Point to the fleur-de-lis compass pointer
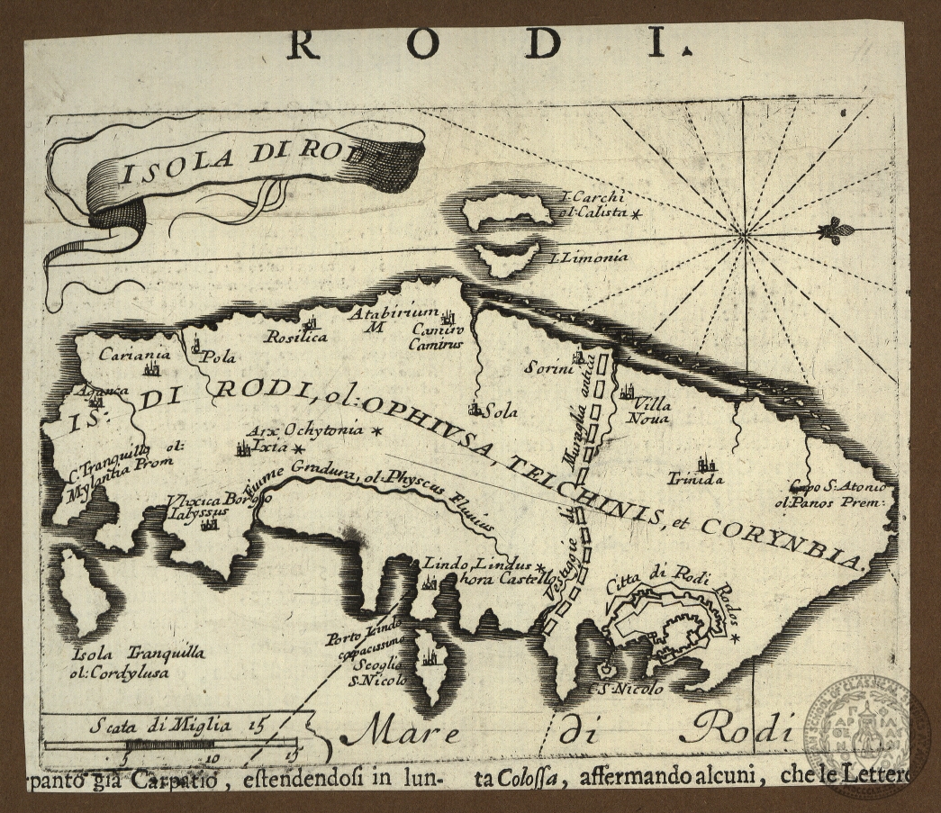click(835, 230)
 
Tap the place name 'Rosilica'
click(295, 338)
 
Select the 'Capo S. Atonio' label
click(833, 487)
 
